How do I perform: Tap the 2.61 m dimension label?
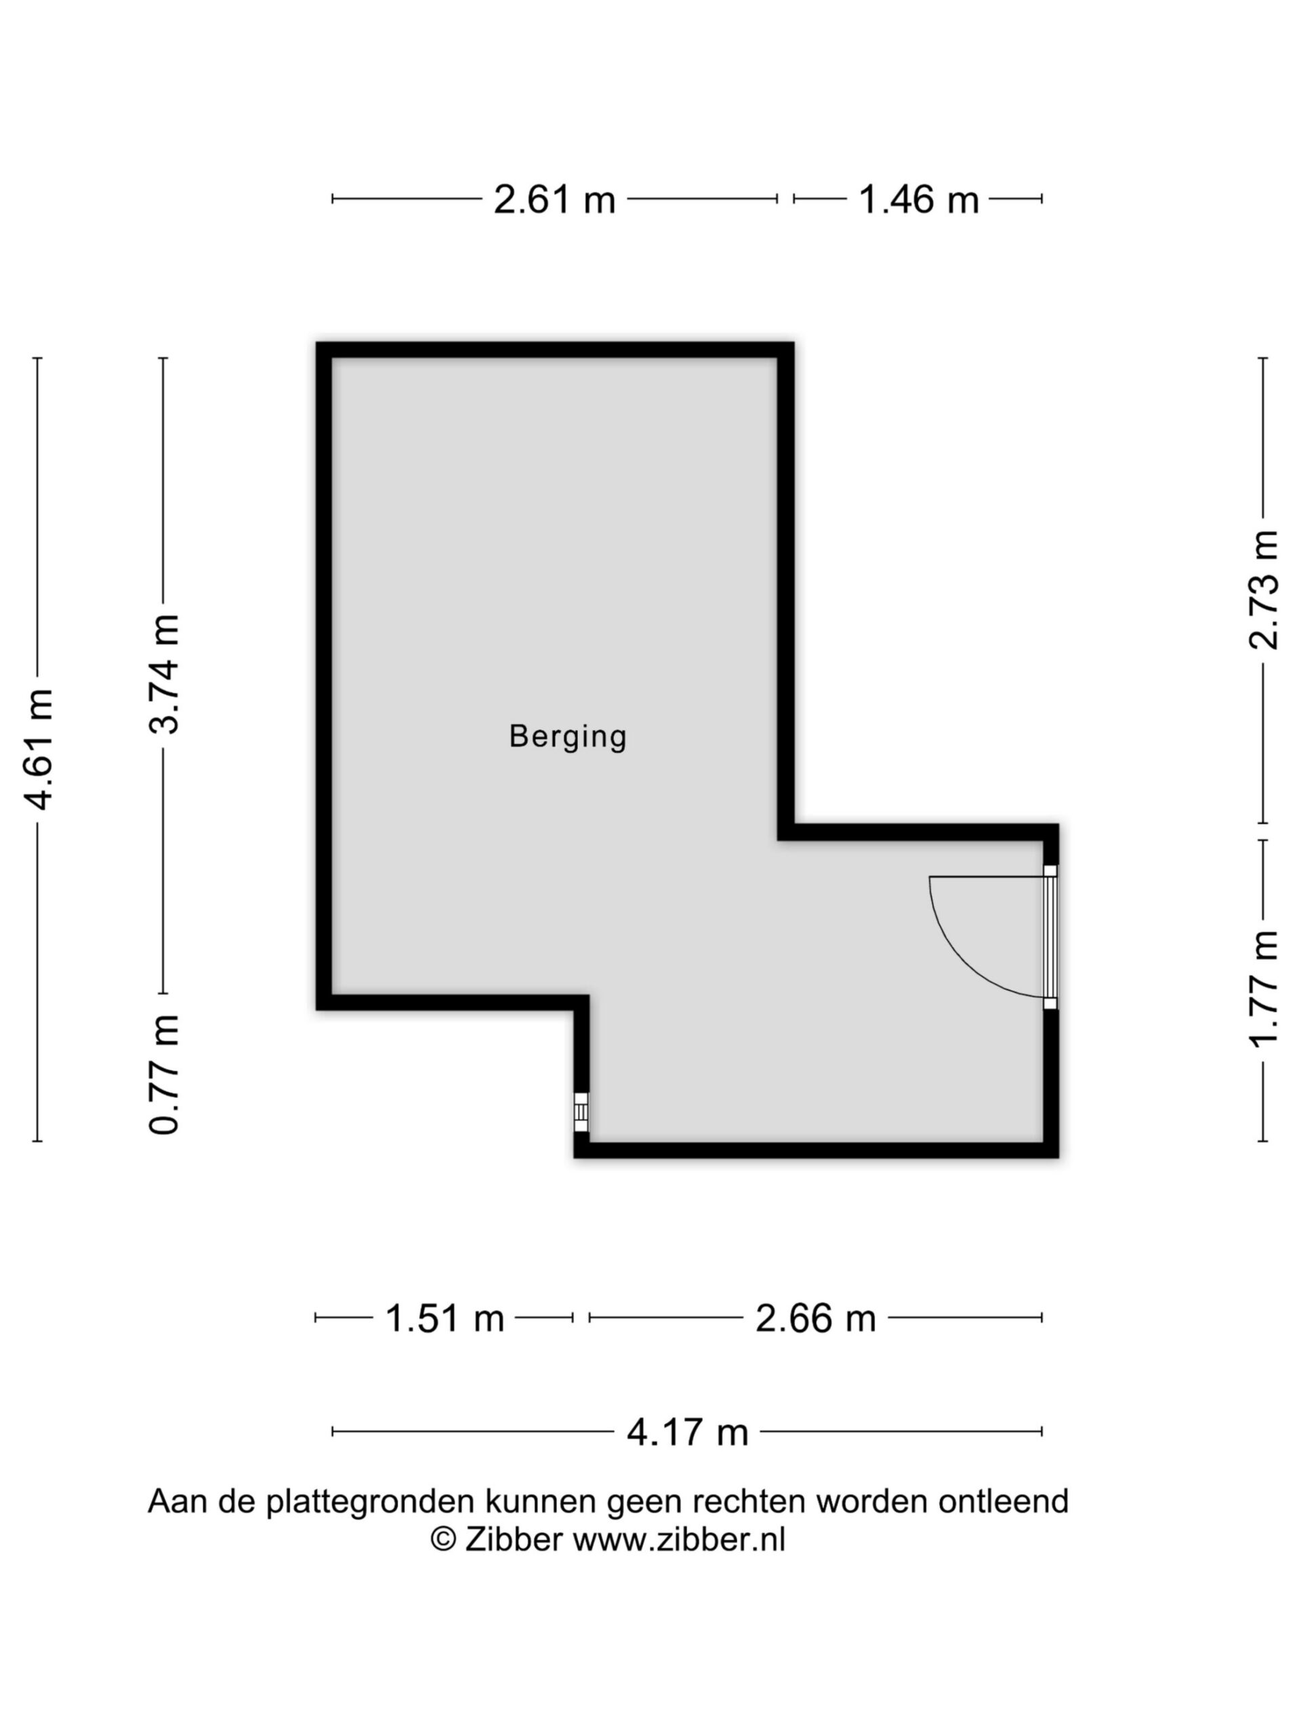pos(554,199)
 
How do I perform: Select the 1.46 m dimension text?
pos(918,199)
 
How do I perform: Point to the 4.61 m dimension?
pos(38,750)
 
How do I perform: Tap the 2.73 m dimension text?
pos(1262,590)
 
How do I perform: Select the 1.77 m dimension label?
pos(1262,989)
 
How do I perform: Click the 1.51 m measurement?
pos(444,1318)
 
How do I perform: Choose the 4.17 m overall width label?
pos(687,1432)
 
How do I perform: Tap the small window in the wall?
pos(581,1111)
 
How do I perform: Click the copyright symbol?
pos(443,1539)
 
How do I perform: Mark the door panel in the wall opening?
pos(1050,937)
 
